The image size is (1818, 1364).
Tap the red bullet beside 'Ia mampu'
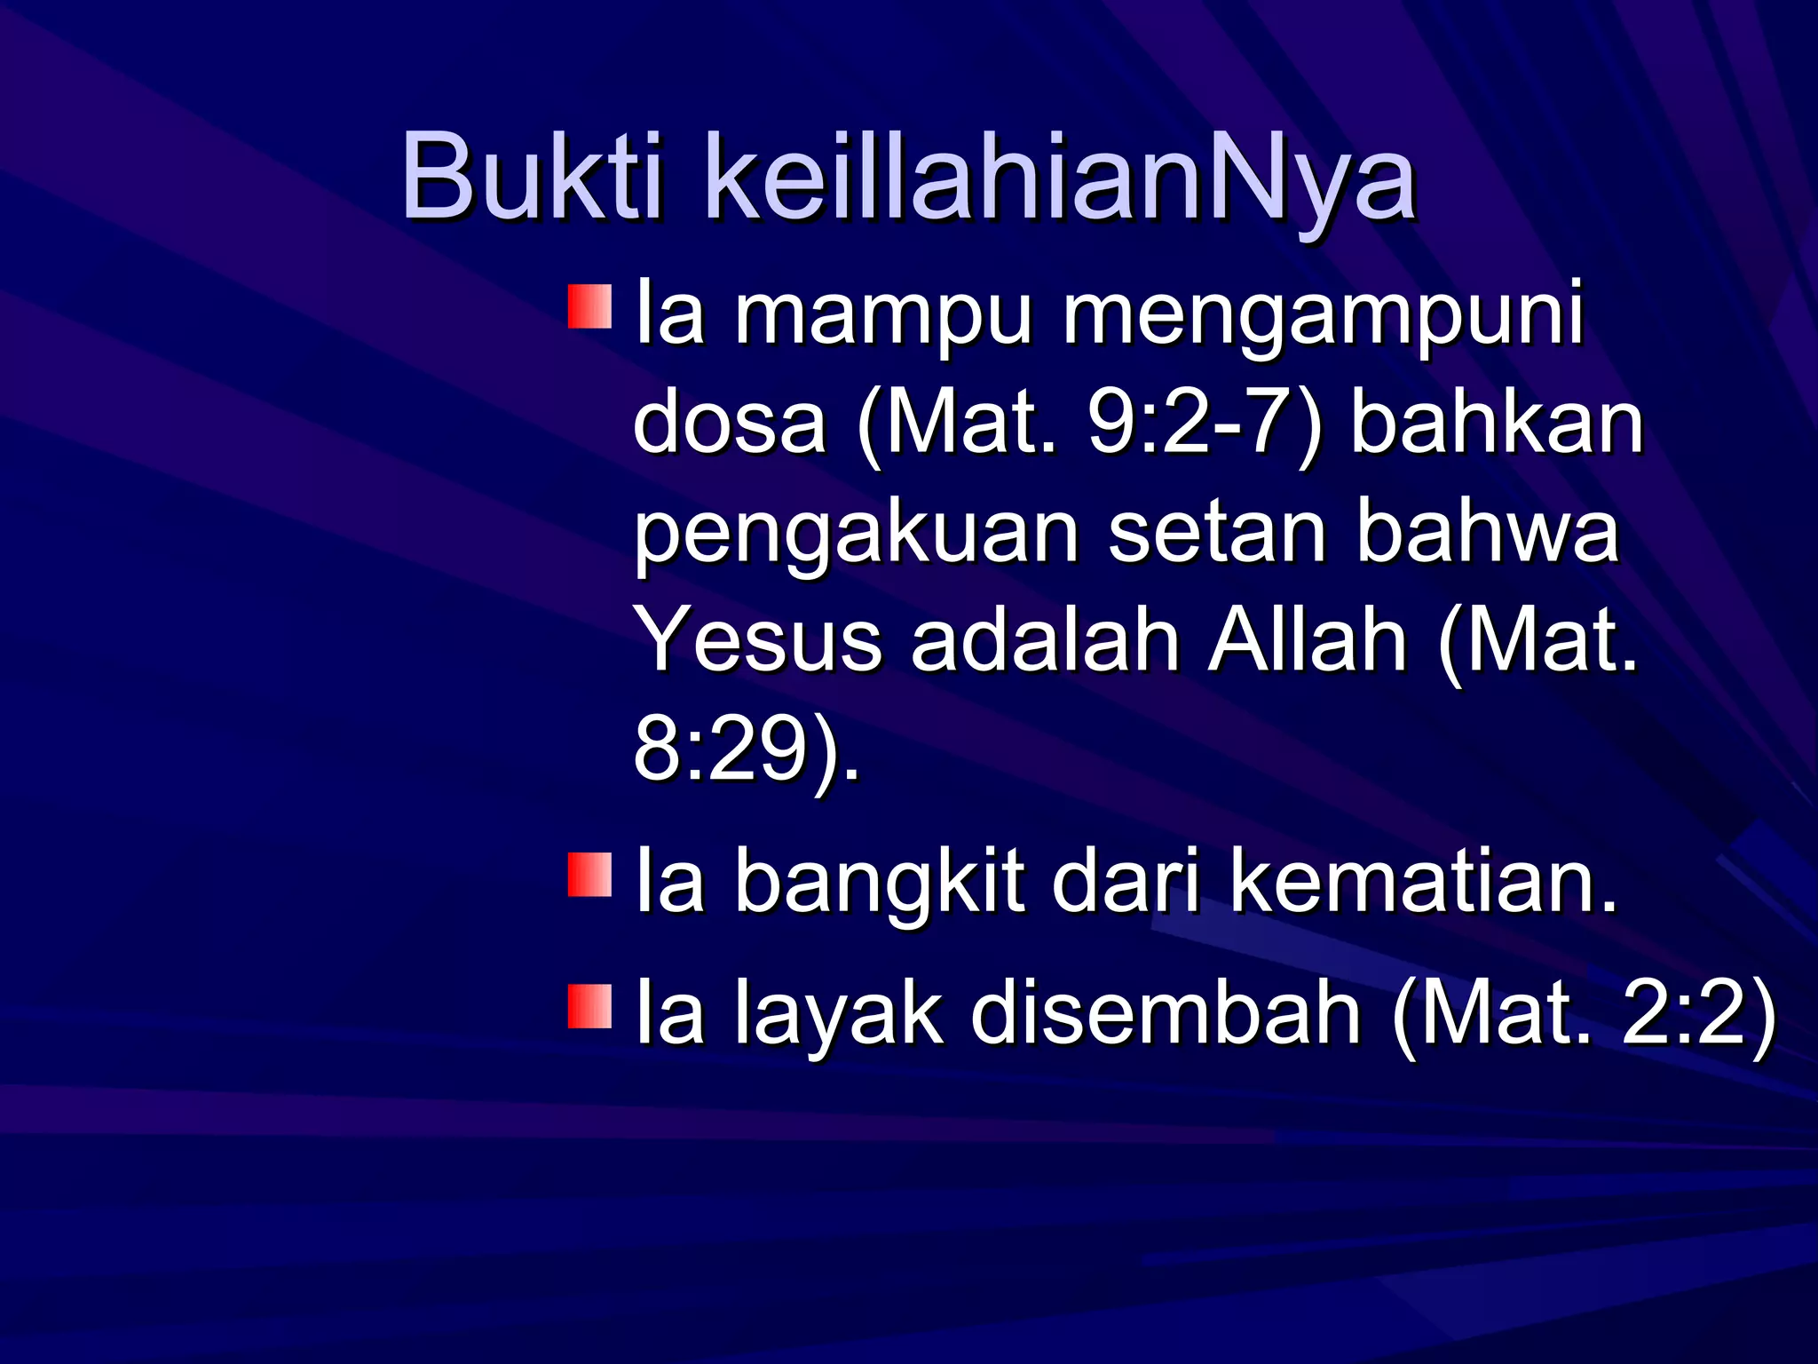tap(590, 306)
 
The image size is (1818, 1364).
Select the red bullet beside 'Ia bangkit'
tap(590, 875)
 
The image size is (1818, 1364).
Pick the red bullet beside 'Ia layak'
tap(590, 1006)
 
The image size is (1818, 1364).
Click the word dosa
tap(730, 423)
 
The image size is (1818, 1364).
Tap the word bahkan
tap(1498, 423)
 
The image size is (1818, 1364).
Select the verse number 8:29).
tap(746, 750)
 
